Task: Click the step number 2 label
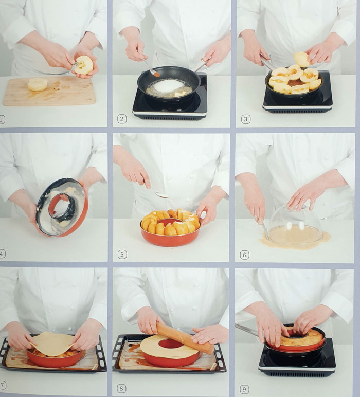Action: [122, 119]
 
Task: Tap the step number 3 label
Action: [245, 119]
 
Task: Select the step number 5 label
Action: [122, 255]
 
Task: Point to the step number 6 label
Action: [245, 255]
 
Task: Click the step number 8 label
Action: [121, 388]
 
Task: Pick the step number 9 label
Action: [244, 389]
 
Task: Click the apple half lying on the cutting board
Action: [38, 84]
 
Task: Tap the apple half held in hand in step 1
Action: [84, 65]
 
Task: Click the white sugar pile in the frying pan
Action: [169, 85]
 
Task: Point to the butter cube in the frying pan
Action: [181, 94]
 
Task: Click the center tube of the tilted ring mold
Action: [62, 206]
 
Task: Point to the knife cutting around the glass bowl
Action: [265, 231]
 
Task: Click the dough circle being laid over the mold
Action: [52, 344]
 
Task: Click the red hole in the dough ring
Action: [171, 344]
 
